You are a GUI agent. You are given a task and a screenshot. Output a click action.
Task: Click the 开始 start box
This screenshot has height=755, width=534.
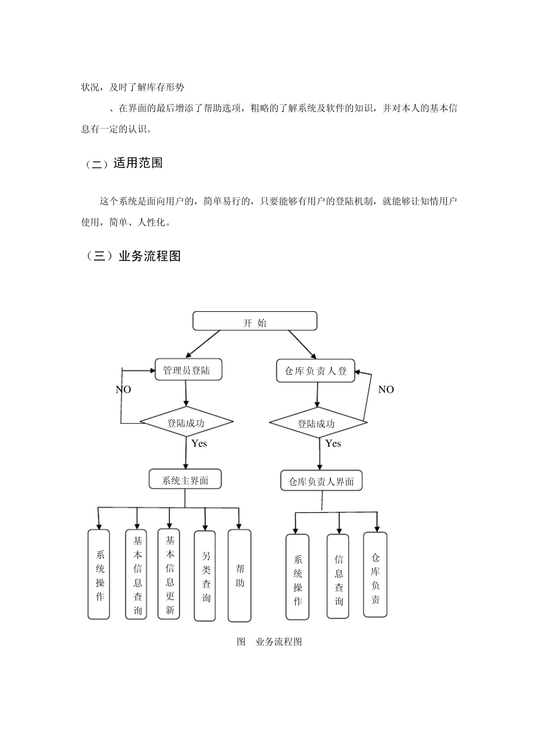(255, 322)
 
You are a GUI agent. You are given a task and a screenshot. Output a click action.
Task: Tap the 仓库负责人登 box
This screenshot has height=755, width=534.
(315, 371)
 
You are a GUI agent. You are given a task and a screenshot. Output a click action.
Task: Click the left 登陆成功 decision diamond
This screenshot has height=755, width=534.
(186, 423)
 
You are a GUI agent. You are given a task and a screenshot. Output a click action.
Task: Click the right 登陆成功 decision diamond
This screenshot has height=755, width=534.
(317, 424)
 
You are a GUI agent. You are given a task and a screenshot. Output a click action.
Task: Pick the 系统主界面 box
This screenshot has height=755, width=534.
(185, 480)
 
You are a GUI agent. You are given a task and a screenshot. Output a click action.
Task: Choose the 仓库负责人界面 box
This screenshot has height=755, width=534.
(321, 481)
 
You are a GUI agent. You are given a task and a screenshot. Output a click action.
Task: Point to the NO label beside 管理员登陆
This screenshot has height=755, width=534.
(123, 390)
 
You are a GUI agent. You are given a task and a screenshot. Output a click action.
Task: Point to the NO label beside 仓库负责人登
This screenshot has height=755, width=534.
(386, 390)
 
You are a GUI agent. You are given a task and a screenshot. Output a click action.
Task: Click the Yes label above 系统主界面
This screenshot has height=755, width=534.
(199, 444)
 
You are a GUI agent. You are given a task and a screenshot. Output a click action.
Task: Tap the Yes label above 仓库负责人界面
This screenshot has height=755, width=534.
(333, 444)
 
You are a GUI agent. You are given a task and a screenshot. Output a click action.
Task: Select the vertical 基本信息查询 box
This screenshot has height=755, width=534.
(137, 575)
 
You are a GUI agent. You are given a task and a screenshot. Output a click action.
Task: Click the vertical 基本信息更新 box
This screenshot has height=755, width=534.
(169, 574)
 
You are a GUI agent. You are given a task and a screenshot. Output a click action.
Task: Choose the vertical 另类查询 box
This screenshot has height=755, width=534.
(205, 576)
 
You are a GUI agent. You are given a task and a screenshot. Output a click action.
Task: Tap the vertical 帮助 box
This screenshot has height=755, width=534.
(239, 576)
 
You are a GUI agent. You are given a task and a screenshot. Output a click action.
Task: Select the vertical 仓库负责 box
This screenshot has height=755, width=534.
(375, 575)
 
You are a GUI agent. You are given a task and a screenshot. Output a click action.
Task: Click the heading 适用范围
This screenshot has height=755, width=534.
(138, 163)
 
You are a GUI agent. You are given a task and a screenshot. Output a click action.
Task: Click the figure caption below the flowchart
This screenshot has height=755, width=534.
(270, 642)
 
